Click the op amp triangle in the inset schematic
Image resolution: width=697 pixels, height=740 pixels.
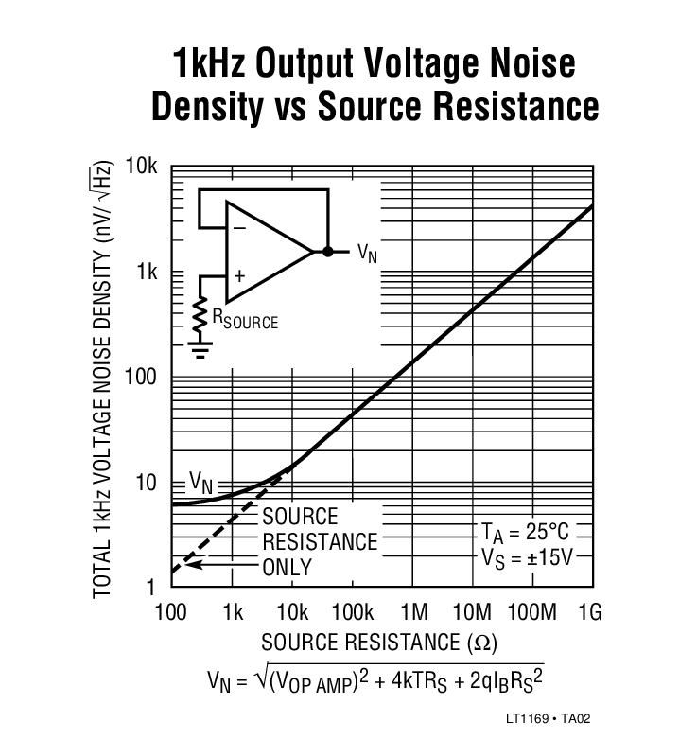[x=266, y=252]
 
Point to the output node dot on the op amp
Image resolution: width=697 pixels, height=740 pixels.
[x=327, y=252]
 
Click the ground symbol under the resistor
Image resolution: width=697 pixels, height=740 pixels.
[x=200, y=351]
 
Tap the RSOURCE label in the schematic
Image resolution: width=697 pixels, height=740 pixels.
[x=244, y=320]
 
